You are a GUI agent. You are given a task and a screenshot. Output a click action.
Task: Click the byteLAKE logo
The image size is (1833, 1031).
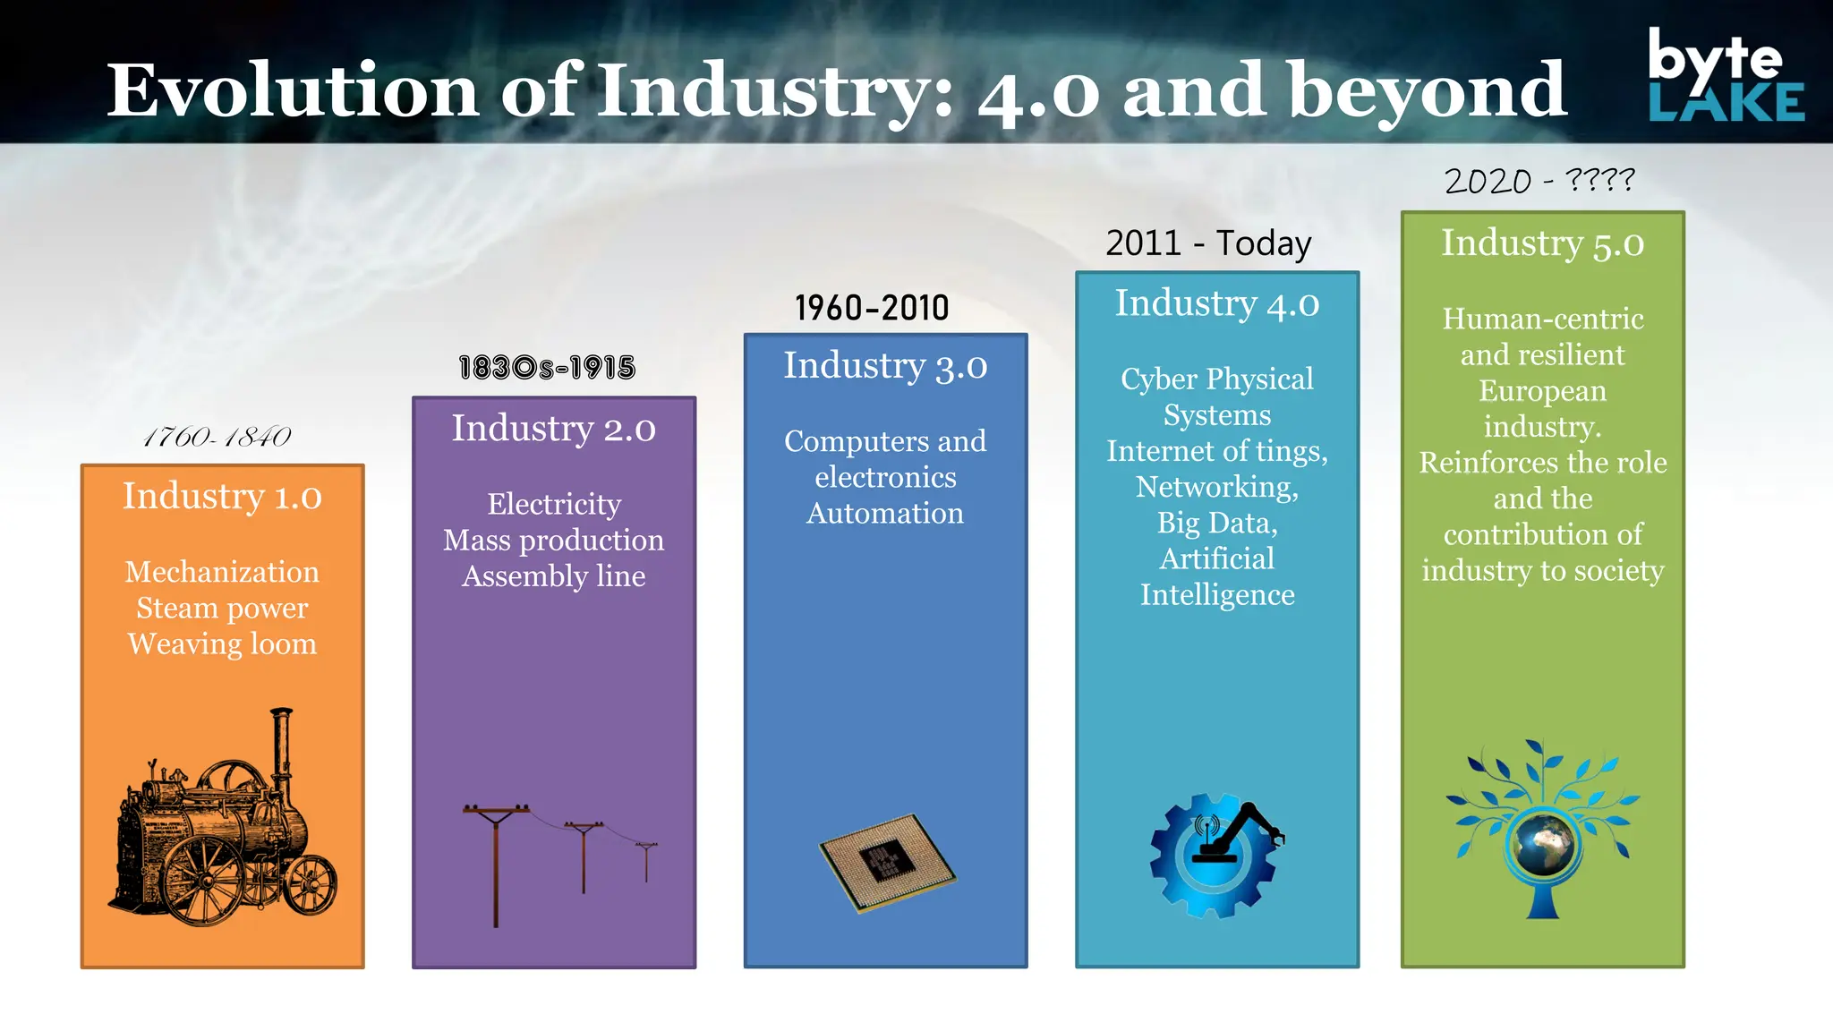point(1725,75)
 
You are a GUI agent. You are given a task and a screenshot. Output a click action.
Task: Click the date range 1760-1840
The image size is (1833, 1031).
point(217,437)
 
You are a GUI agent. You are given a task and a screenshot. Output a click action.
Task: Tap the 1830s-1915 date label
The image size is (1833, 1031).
point(547,368)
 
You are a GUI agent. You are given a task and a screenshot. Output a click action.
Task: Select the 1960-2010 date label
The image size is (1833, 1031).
point(872,309)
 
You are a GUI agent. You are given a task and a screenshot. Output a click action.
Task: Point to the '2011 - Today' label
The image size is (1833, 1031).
point(1208,243)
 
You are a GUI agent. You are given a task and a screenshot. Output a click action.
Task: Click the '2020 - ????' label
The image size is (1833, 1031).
point(1539,181)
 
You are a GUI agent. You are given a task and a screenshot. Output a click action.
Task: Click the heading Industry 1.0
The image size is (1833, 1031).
point(222,496)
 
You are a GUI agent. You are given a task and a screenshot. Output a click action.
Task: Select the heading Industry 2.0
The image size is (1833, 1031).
point(553,429)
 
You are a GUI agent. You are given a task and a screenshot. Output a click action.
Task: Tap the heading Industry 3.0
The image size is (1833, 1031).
point(885,366)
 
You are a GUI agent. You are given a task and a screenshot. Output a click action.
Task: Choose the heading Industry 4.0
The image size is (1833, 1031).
point(1216,303)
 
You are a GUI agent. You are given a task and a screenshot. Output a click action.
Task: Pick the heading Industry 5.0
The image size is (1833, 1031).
point(1542,243)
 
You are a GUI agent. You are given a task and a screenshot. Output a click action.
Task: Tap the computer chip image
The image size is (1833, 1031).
point(887,862)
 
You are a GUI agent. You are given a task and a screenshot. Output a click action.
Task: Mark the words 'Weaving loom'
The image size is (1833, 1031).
point(222,644)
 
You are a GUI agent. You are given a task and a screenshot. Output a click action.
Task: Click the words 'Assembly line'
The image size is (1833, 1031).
point(553,576)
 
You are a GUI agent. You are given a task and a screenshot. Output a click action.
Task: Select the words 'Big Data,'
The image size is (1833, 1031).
point(1216,523)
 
